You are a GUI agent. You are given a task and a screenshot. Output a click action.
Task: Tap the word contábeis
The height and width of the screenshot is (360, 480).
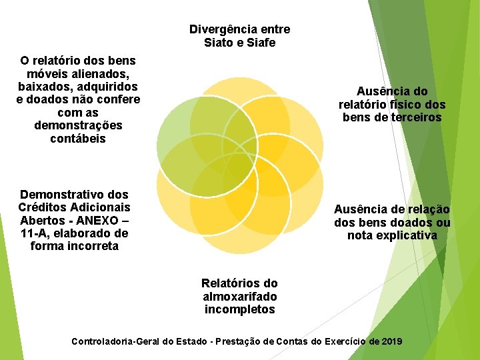click(78, 139)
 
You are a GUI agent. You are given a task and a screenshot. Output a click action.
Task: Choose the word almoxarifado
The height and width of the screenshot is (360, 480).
click(239, 296)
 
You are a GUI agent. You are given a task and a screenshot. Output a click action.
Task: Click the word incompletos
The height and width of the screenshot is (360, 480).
click(239, 309)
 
